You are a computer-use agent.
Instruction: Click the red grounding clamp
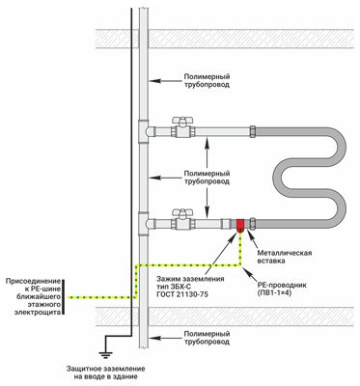click(240, 225)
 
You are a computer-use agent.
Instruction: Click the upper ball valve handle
click(183, 121)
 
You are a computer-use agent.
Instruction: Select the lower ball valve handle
click(182, 212)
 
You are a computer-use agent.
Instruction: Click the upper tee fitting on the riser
click(144, 131)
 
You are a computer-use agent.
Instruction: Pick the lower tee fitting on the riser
click(144, 224)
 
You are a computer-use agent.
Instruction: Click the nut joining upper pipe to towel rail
click(253, 131)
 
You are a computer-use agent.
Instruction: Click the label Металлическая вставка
click(285, 257)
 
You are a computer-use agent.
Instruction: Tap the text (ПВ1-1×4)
click(274, 293)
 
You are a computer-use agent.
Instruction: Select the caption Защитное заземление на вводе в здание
click(106, 372)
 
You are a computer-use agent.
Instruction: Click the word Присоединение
click(33, 282)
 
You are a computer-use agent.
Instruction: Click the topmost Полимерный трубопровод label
click(207, 81)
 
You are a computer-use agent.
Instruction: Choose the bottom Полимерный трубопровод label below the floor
click(207, 338)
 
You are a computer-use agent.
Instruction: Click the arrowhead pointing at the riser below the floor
click(152, 338)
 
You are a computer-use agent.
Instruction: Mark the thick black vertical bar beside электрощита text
click(64, 297)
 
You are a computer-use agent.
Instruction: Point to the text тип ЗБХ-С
click(174, 287)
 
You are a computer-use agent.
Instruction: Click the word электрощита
click(38, 312)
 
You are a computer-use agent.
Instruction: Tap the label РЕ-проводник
click(282, 285)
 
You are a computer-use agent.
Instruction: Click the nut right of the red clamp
click(253, 224)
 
